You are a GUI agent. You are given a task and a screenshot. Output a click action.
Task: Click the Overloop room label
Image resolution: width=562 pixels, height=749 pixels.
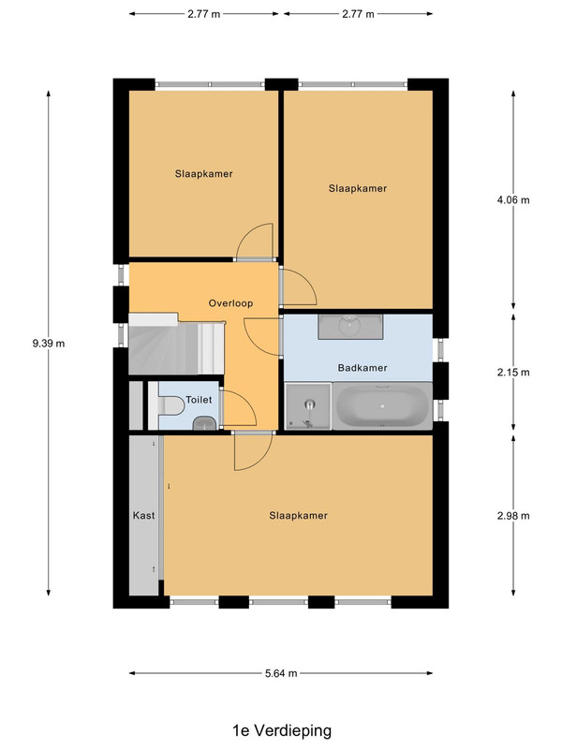click(230, 303)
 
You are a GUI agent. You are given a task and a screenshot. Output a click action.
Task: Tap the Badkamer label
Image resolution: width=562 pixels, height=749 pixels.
click(362, 368)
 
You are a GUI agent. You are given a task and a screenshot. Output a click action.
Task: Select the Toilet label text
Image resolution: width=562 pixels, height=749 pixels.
click(199, 400)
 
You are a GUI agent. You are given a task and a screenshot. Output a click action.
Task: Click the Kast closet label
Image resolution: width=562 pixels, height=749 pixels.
click(144, 516)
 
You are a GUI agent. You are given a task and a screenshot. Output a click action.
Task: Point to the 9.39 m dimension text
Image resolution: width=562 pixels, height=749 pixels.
click(49, 343)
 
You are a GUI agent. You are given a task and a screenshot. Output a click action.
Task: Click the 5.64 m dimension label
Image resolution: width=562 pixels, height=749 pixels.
click(281, 673)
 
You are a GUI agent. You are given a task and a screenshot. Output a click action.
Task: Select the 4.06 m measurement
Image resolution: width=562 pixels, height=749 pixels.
click(513, 200)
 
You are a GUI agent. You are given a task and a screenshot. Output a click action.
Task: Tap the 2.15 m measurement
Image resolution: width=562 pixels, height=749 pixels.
click(513, 372)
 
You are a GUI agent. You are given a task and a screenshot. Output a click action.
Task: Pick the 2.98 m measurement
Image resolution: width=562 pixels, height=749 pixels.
click(513, 516)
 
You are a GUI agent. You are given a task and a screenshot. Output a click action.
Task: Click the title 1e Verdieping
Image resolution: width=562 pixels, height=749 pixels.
click(282, 731)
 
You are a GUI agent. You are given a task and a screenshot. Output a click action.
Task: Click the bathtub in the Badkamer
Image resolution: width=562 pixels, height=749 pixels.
click(382, 406)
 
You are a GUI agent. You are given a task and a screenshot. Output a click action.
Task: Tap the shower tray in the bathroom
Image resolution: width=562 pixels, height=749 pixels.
click(308, 406)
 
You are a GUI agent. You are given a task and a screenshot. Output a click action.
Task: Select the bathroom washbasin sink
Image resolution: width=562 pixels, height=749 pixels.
click(350, 327)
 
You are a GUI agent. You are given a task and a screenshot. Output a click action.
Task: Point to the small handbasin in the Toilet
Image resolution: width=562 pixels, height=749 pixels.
click(204, 423)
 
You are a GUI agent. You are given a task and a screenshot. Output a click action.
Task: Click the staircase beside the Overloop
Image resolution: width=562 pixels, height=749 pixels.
click(176, 344)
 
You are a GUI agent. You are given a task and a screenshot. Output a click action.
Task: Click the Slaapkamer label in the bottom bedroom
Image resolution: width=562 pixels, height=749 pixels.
click(298, 516)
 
